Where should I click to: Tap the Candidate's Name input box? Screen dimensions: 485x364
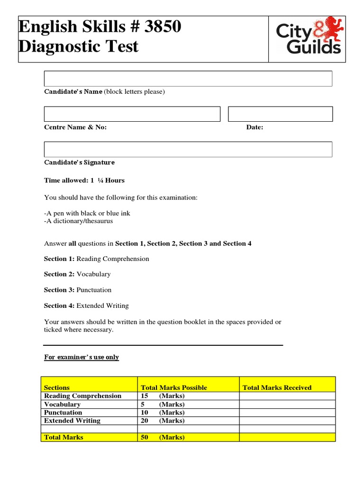tap(188, 79)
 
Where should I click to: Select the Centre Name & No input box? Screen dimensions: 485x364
tap(132, 114)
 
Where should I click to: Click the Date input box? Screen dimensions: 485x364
tap(280, 114)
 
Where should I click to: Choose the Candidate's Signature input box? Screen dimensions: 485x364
tap(188, 149)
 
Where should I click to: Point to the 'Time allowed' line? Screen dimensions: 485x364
tap(84, 180)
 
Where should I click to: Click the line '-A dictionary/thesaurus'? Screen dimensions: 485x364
tap(79, 221)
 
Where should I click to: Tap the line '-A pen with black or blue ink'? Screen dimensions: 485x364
tap(87, 214)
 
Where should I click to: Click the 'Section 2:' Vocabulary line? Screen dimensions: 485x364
tap(77, 274)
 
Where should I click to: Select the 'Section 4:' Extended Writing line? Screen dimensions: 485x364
tap(86, 306)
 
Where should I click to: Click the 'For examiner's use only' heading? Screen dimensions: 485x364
tap(82, 357)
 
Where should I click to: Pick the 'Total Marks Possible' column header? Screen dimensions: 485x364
tap(174, 387)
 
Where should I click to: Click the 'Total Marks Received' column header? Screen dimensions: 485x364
tap(277, 387)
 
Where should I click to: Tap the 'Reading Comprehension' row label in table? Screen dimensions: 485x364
tap(82, 396)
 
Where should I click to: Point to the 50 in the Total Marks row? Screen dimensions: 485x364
tap(145, 437)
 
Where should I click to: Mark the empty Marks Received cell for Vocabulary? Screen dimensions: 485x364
tap(287, 404)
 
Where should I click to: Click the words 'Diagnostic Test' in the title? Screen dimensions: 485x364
tap(79, 46)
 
